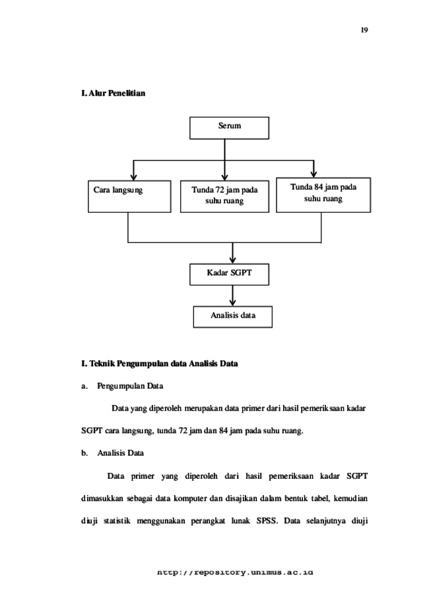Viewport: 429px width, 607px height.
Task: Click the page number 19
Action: (x=364, y=30)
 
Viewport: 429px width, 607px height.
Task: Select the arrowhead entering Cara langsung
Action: (x=133, y=177)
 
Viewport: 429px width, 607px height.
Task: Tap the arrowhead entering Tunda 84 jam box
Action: (x=313, y=174)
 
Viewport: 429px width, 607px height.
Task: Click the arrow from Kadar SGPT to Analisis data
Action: (x=232, y=296)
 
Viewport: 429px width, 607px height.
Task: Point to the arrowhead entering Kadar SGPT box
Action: (x=232, y=260)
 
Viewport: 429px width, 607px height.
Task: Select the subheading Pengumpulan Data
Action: (x=130, y=386)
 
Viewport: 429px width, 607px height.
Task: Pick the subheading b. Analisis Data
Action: (x=112, y=453)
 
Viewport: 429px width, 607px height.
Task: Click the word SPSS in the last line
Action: (x=267, y=520)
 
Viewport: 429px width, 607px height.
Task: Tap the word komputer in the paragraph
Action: (x=190, y=498)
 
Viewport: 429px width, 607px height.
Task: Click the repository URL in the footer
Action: (x=235, y=572)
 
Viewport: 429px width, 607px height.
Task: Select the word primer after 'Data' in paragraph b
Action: (x=143, y=476)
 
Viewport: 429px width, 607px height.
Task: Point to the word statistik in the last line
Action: (x=117, y=520)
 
